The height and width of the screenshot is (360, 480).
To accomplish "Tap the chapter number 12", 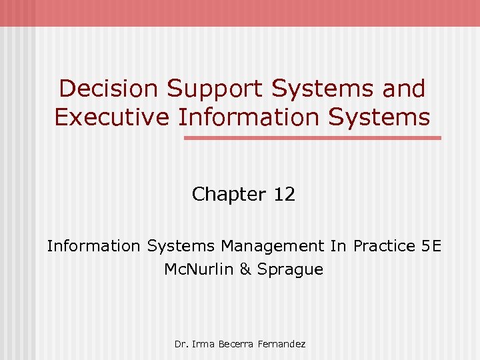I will click(284, 195).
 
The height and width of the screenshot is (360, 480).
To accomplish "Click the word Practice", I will click(384, 246).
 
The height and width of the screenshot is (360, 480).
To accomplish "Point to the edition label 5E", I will click(431, 246).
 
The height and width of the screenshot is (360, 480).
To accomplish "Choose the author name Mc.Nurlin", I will click(197, 269).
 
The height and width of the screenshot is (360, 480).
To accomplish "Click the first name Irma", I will click(201, 344).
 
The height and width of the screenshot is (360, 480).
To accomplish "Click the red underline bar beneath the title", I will click(313, 138).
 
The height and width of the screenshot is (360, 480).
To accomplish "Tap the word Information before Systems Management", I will click(93, 246).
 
